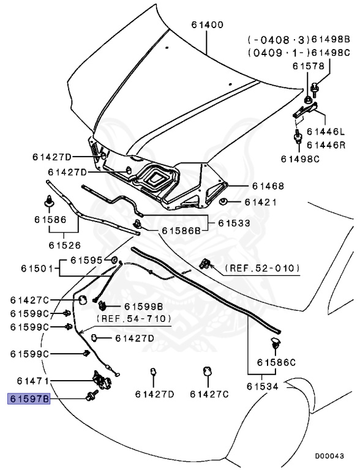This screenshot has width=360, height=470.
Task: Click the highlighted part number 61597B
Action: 28,399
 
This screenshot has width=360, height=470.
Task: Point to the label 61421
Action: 261,202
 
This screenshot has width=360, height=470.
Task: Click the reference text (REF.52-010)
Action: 262,268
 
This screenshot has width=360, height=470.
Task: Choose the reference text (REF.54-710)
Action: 133,319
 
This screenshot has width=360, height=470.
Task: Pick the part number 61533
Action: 235,223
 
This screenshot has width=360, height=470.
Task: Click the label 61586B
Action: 181,231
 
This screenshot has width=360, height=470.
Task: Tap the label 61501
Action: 38,267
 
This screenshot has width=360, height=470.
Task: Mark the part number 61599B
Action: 143,306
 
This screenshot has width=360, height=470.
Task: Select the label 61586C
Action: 276,362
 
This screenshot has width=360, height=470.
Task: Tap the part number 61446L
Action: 326,132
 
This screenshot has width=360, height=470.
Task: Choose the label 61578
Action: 309,66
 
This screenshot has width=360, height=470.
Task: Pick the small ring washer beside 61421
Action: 224,201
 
